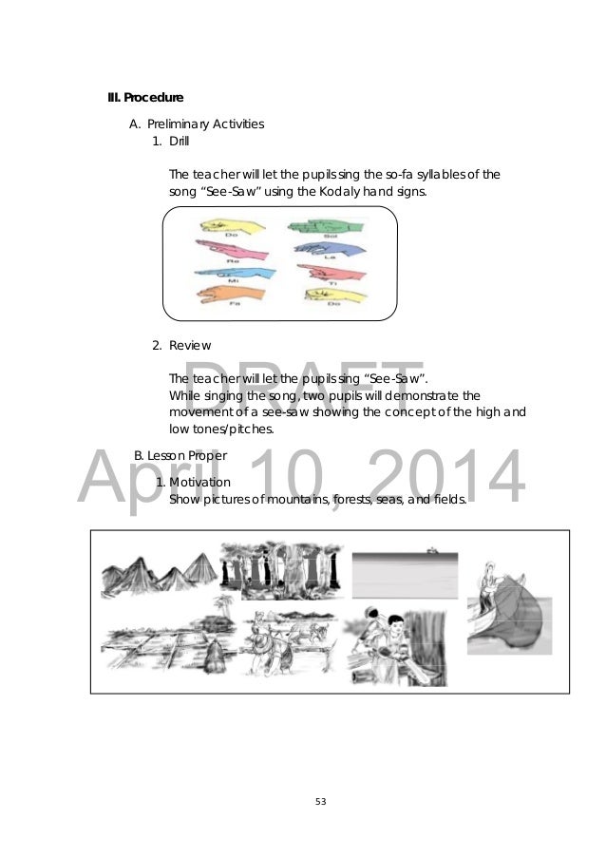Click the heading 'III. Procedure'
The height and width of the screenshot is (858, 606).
point(144,97)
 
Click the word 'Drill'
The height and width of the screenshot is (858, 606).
point(180,142)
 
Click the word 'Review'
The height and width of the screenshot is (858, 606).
point(190,345)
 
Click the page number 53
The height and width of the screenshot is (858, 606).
point(320,802)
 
